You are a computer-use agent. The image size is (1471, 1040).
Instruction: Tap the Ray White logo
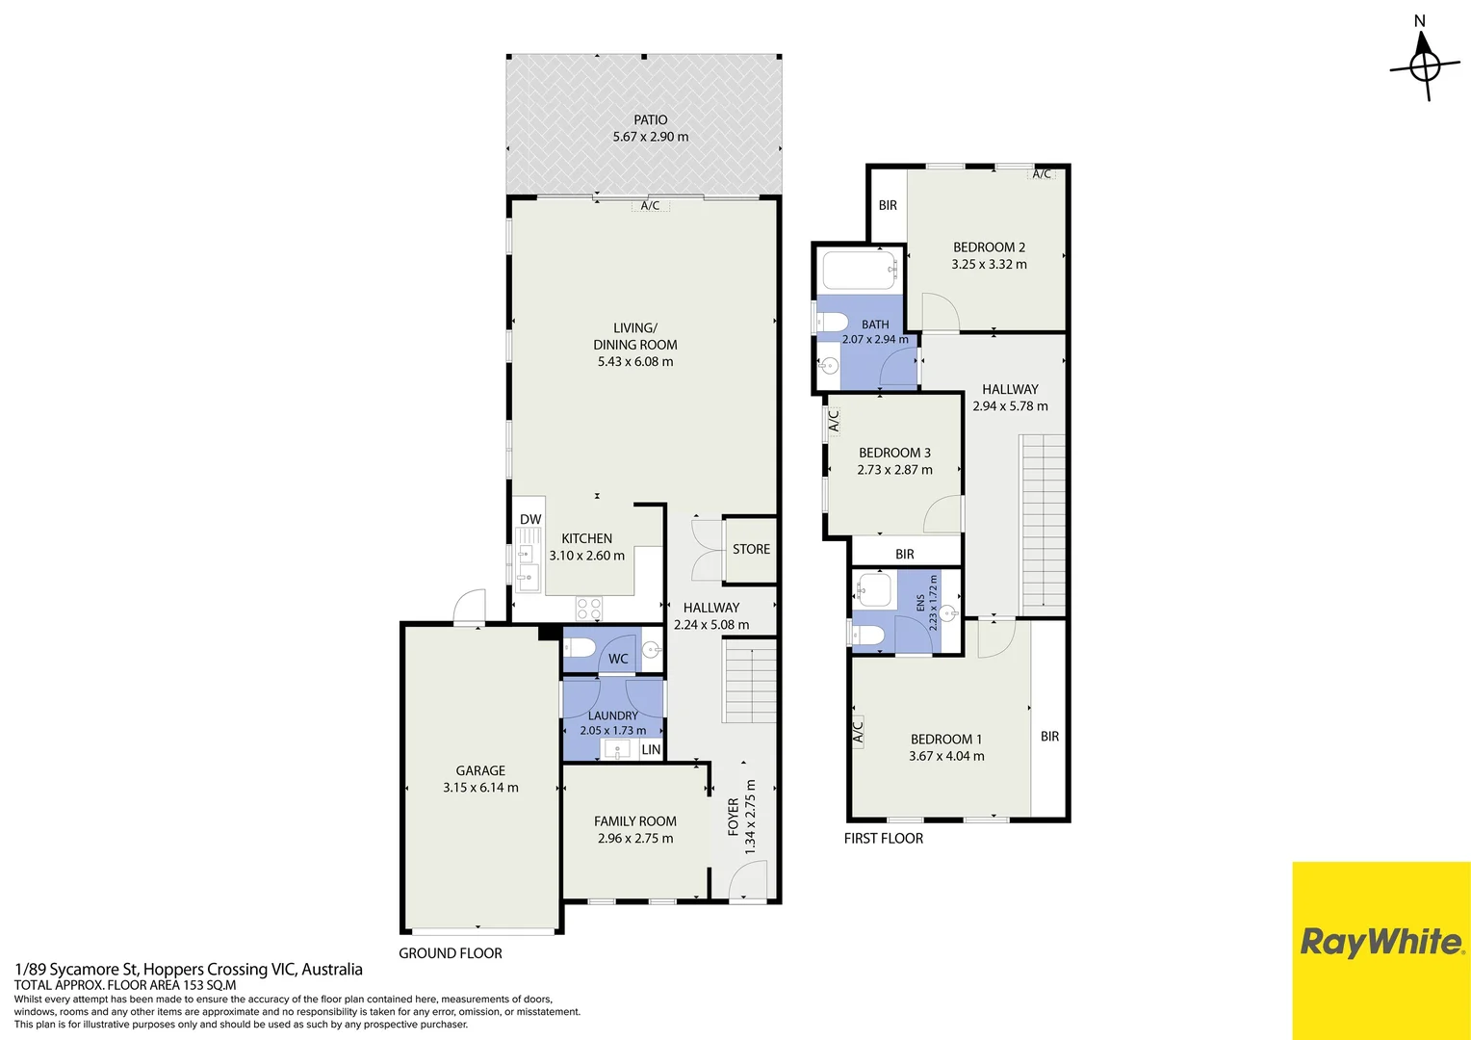pyautogui.click(x=1381, y=942)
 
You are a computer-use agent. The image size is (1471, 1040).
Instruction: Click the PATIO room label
pyautogui.click(x=650, y=120)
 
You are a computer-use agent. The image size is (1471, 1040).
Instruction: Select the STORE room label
pyautogui.click(x=751, y=549)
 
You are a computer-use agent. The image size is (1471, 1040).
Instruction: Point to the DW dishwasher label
pyautogui.click(x=530, y=520)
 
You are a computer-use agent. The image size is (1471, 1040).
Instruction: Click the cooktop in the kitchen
pyautogui.click(x=588, y=609)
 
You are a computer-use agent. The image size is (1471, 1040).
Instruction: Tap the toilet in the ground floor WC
pyautogui.click(x=580, y=649)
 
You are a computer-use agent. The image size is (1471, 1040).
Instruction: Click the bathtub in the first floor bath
pyautogui.click(x=860, y=270)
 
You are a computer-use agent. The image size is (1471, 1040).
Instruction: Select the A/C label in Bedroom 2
pyautogui.click(x=1042, y=174)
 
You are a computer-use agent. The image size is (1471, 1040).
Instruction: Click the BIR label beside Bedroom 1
pyautogui.click(x=1049, y=737)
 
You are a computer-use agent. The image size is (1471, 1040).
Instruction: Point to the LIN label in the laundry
pyautogui.click(x=651, y=749)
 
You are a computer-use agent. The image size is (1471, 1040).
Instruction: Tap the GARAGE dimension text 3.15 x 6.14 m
pyautogui.click(x=480, y=788)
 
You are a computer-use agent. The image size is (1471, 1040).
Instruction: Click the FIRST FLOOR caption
pyautogui.click(x=883, y=839)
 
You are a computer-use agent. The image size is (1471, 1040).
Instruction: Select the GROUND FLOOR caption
pyautogui.click(x=451, y=953)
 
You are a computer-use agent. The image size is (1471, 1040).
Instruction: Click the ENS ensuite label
pyautogui.click(x=920, y=603)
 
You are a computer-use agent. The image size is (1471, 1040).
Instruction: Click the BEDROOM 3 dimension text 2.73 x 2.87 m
pyautogui.click(x=894, y=470)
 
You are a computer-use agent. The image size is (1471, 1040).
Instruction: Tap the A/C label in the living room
pyautogui.click(x=650, y=206)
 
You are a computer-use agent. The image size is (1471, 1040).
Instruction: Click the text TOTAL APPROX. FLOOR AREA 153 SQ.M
pyautogui.click(x=125, y=985)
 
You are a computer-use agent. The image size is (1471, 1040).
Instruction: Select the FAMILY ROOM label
pyautogui.click(x=635, y=821)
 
